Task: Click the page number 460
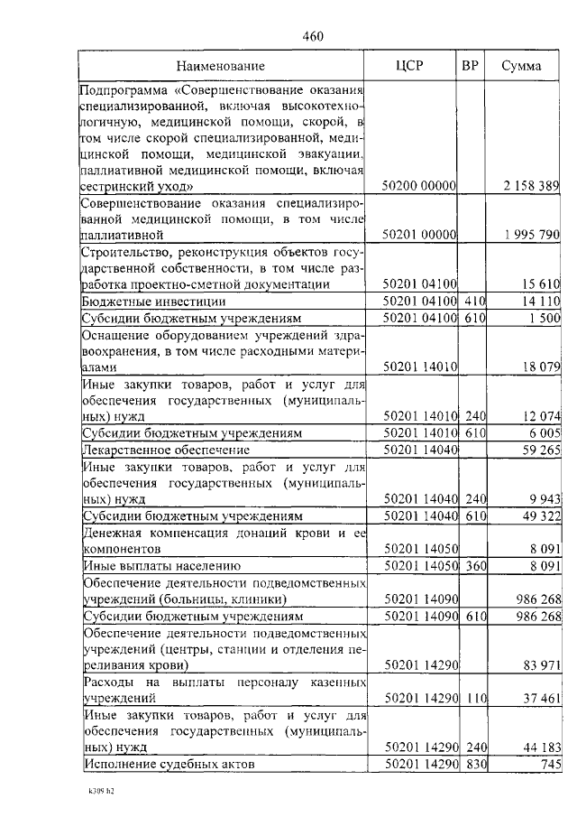[x=312, y=37]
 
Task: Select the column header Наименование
[x=220, y=66]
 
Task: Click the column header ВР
[x=470, y=66]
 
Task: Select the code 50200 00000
[x=420, y=185]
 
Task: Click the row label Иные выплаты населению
[x=161, y=565]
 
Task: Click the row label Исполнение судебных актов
[x=169, y=764]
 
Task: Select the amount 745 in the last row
[x=549, y=764]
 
